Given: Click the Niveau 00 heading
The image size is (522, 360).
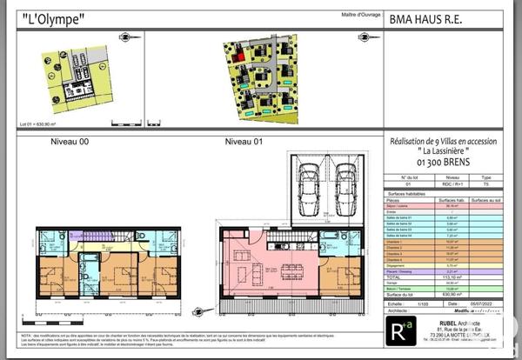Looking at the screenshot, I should [70, 141].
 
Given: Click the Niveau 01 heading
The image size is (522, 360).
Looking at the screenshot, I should [244, 141].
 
